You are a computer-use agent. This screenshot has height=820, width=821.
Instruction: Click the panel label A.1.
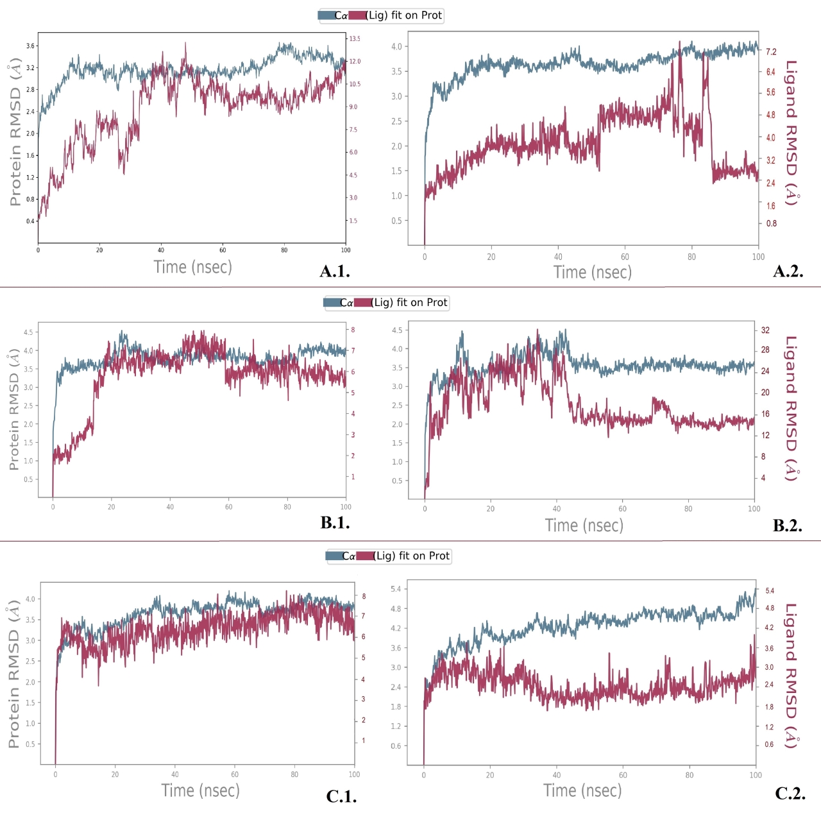(335, 271)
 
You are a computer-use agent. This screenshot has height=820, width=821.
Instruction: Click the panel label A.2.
(788, 271)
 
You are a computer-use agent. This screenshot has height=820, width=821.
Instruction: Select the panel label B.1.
(335, 523)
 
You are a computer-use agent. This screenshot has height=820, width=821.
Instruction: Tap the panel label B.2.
(787, 526)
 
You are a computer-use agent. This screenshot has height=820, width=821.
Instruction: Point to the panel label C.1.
(341, 797)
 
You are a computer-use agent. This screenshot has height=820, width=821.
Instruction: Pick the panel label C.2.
(790, 794)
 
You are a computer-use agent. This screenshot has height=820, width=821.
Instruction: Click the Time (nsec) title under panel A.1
(192, 267)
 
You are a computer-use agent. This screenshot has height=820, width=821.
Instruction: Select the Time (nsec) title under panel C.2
(582, 790)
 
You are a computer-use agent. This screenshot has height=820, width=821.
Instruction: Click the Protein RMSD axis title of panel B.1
(13, 411)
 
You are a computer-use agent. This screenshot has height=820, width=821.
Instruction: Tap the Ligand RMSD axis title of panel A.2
(792, 133)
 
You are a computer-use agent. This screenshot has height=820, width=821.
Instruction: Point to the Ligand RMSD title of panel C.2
(792, 676)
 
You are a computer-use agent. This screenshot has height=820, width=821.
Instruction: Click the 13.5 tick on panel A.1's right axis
(354, 38)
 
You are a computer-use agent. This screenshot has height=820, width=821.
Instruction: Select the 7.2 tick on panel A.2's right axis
(771, 52)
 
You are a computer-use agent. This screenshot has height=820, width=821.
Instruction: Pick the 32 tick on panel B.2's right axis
(765, 330)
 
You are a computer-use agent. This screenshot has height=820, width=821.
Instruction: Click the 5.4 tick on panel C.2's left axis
(396, 589)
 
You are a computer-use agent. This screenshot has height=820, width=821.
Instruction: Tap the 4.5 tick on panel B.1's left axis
(28, 332)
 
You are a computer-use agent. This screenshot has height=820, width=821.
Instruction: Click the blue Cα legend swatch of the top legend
(326, 15)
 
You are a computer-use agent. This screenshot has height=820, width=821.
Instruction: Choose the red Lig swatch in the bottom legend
(365, 556)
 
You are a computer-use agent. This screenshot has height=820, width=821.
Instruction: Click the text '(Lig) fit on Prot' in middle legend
(410, 302)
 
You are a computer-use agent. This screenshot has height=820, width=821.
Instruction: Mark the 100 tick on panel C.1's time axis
(354, 774)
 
